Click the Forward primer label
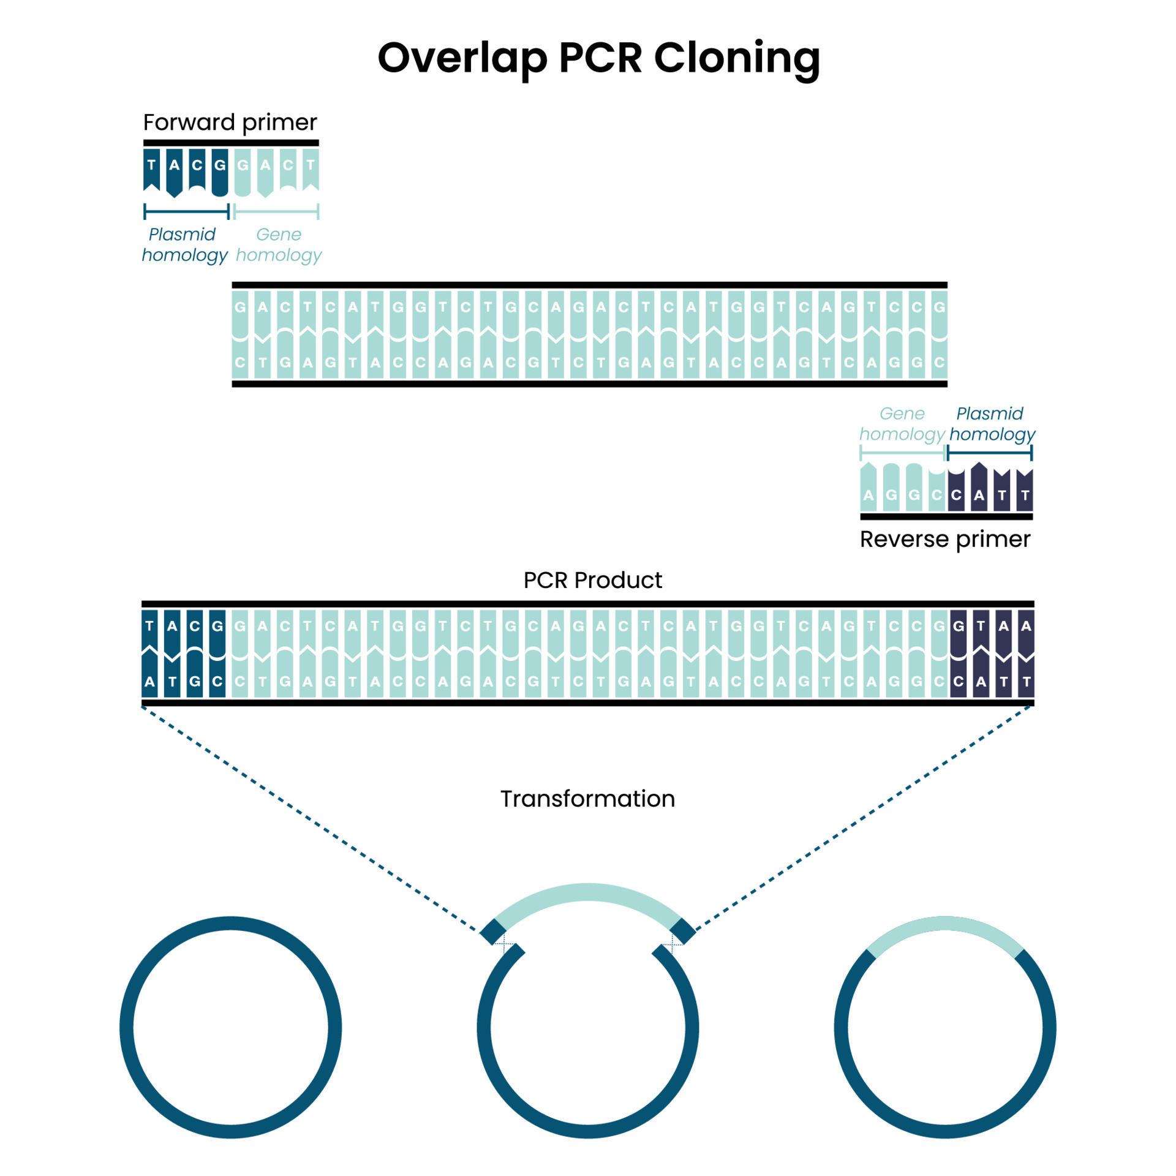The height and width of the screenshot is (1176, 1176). (x=230, y=123)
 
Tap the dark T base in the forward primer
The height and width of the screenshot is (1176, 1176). (x=151, y=168)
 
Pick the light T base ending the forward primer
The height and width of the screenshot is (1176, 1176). (x=311, y=168)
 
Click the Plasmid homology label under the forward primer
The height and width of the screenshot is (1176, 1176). (x=184, y=244)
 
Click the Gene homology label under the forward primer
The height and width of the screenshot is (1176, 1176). (x=279, y=244)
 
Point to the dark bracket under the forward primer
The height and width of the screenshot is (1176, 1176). (x=186, y=212)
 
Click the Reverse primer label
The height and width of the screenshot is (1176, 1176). (x=944, y=539)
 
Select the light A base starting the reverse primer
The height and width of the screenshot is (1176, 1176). (x=868, y=490)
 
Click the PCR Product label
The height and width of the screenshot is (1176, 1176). (x=592, y=580)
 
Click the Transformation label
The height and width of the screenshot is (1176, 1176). (x=587, y=799)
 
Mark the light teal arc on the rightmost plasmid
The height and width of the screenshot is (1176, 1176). (x=944, y=926)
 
